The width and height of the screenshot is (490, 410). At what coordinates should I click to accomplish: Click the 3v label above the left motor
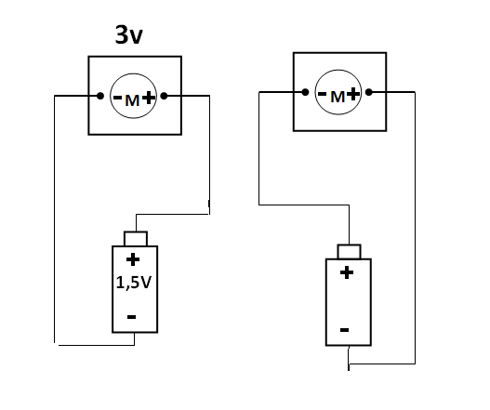(128, 34)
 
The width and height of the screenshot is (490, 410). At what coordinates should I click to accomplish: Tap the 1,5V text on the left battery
(134, 283)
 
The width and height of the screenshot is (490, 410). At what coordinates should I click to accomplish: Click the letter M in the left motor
(132, 100)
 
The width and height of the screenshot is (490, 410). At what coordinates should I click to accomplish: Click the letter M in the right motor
(338, 97)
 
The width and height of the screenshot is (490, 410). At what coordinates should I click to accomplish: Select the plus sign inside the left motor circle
(149, 98)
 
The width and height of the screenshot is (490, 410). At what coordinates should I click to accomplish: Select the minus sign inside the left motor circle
(117, 98)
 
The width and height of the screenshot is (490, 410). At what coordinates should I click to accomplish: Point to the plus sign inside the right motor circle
(353, 94)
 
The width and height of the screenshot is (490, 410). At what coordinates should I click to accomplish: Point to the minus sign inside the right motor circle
(323, 94)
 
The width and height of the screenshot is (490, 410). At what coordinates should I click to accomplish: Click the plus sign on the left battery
(133, 259)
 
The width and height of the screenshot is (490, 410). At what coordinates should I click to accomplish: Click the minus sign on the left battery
(131, 317)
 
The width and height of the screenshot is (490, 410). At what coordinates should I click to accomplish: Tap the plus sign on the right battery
(347, 272)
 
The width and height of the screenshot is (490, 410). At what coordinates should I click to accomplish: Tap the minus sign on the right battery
(344, 330)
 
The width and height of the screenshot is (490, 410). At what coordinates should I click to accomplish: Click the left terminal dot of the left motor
(100, 96)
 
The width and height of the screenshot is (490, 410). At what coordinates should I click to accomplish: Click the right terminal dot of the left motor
(164, 96)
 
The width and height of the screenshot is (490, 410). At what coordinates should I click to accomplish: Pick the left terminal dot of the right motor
(305, 92)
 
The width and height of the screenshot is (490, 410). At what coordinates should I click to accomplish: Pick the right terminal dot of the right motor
(369, 92)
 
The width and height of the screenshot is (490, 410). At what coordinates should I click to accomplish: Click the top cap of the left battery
(136, 239)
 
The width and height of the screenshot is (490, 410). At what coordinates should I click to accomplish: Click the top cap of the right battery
(349, 252)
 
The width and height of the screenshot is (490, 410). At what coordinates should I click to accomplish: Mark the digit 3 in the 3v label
(122, 34)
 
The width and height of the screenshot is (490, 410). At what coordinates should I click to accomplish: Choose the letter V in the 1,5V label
(146, 283)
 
